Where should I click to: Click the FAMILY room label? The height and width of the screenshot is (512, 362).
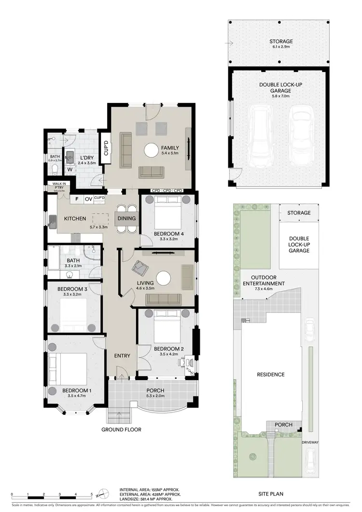pyautogui.click(x=170, y=148)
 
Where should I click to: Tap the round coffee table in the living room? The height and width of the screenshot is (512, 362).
pyautogui.click(x=164, y=279)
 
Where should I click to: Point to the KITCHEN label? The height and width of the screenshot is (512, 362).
pyautogui.click(x=75, y=219)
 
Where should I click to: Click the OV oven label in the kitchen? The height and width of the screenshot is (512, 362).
pyautogui.click(x=88, y=199)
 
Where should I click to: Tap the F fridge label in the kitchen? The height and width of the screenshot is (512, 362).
pyautogui.click(x=76, y=199)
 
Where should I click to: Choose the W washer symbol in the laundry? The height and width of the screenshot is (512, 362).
pyautogui.click(x=70, y=170)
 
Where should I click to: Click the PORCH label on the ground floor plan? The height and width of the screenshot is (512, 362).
pyautogui.click(x=155, y=391)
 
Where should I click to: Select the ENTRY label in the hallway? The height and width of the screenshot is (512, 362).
pyautogui.click(x=122, y=356)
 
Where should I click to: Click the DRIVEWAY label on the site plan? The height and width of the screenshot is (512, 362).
pyautogui.click(x=310, y=441)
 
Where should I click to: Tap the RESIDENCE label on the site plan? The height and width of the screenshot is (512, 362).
pyautogui.click(x=270, y=374)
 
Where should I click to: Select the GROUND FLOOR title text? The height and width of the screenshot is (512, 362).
pyautogui.click(x=121, y=429)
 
